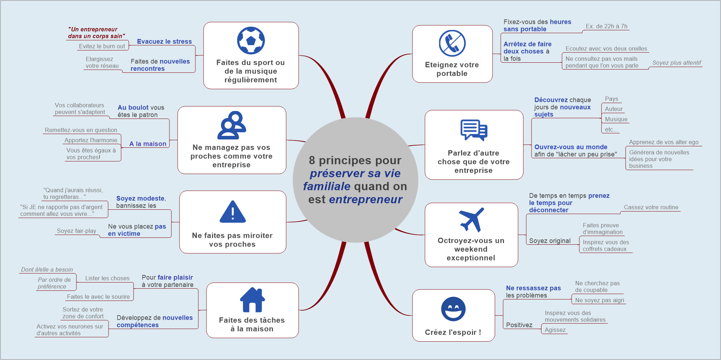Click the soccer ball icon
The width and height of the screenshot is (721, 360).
(x=251, y=40)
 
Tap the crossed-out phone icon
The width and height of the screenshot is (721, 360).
(x=452, y=43)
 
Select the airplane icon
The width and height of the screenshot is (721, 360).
(x=471, y=220)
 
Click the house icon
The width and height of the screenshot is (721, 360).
(x=252, y=300)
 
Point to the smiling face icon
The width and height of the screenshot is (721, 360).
(x=453, y=309)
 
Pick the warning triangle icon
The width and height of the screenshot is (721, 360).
(x=233, y=212)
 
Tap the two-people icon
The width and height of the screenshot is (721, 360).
(x=231, y=125)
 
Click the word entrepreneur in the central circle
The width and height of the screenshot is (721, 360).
(x=366, y=199)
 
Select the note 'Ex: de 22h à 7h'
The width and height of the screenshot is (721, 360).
(x=606, y=26)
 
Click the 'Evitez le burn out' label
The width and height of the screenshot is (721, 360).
(x=102, y=46)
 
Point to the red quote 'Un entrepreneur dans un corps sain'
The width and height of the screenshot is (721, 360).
(x=96, y=32)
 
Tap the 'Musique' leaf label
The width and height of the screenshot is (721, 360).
(x=616, y=119)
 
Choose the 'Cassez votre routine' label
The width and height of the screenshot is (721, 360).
(x=651, y=207)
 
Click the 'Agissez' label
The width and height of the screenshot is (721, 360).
(x=555, y=330)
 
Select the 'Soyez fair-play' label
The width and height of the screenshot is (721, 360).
(x=76, y=231)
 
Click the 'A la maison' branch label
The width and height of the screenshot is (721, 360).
(x=148, y=144)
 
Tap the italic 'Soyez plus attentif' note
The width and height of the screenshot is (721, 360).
(x=676, y=63)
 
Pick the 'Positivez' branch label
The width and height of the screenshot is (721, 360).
(x=519, y=325)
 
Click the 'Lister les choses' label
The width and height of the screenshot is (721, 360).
(x=107, y=278)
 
